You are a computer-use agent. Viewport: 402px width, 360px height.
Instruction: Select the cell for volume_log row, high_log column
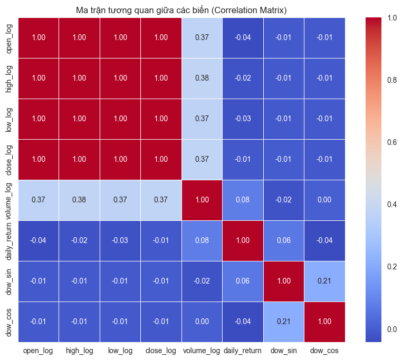(x=80, y=200)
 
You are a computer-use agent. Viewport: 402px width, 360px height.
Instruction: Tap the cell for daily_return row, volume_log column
(x=202, y=240)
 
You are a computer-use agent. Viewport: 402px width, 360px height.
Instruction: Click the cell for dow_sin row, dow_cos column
(x=323, y=281)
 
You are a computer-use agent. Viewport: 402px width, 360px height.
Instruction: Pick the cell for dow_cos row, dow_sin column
(x=283, y=322)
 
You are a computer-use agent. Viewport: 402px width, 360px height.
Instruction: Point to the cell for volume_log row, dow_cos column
(x=323, y=200)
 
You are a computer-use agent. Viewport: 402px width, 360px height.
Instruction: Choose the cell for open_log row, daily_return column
(x=242, y=37)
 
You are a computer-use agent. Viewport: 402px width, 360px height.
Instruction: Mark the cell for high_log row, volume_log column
(x=202, y=78)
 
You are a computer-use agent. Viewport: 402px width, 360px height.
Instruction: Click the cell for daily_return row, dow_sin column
(x=283, y=240)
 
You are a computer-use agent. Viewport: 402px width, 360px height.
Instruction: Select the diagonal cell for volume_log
(x=202, y=200)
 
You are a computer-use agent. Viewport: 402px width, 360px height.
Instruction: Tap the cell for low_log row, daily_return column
(x=242, y=119)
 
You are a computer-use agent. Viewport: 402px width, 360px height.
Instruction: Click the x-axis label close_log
(x=161, y=350)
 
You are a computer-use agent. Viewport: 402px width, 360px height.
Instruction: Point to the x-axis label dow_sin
(x=283, y=350)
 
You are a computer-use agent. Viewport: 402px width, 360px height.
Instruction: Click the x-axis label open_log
(x=39, y=350)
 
